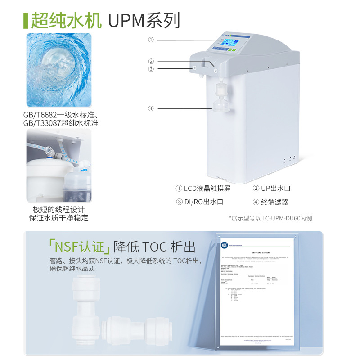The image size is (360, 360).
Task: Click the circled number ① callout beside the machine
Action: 151,40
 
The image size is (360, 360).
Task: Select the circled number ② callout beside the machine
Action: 151,62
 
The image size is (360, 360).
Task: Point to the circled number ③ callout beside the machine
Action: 151,69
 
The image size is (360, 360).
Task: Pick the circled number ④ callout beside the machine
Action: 151,108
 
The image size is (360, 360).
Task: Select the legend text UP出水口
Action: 272,189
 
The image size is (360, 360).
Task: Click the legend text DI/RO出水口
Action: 200,202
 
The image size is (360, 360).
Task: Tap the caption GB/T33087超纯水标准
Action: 61,123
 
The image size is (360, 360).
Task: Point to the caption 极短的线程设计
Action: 59,210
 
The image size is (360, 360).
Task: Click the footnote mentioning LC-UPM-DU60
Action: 270,218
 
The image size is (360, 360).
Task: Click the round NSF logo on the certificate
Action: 224,245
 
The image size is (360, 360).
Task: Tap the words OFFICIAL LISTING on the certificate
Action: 262,253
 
